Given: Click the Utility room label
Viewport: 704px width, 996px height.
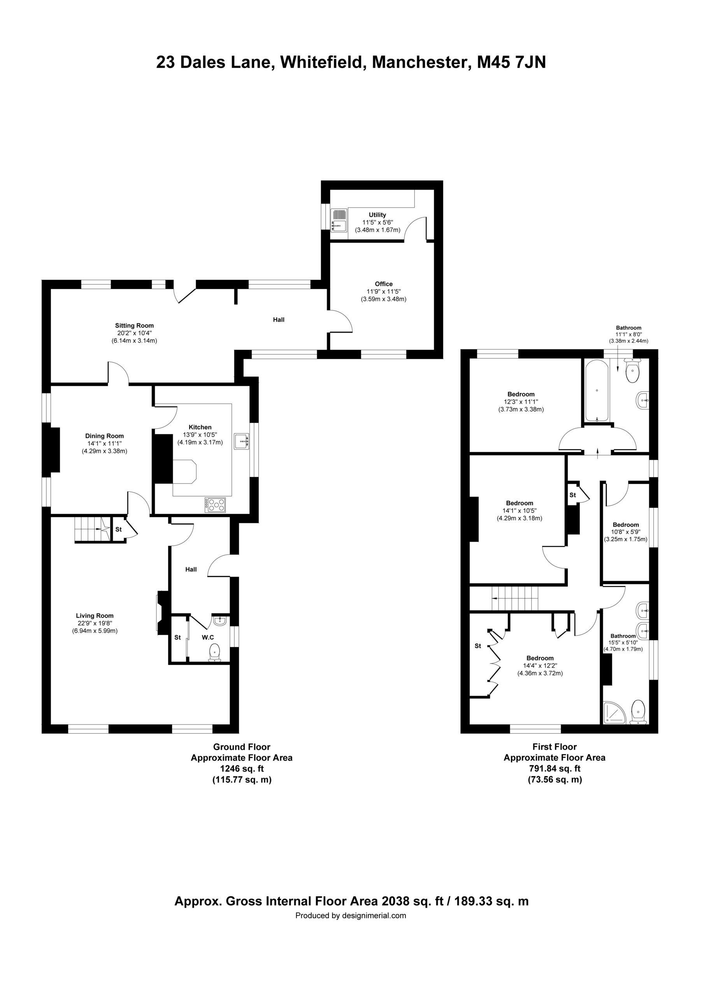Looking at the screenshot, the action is click(x=377, y=215).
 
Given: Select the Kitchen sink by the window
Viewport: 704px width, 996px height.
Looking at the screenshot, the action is click(x=241, y=441).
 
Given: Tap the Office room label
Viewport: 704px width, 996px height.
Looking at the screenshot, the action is click(x=384, y=284).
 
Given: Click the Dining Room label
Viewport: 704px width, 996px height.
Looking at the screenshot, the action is click(x=104, y=436).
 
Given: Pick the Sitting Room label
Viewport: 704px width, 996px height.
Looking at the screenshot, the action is click(x=134, y=325).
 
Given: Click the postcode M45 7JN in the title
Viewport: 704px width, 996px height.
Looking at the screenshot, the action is click(x=512, y=63).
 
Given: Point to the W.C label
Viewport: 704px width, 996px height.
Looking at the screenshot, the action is click(x=208, y=638).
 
